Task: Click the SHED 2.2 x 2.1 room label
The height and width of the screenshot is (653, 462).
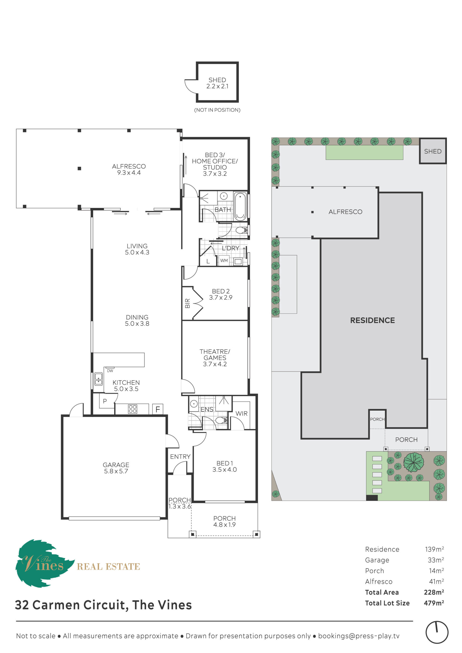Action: click(x=217, y=83)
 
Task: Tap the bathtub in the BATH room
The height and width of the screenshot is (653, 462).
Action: click(x=240, y=206)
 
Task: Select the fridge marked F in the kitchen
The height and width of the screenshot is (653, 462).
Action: click(x=157, y=409)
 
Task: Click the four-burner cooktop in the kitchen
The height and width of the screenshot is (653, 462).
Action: click(x=133, y=409)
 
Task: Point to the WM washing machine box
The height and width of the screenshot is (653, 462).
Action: click(x=224, y=260)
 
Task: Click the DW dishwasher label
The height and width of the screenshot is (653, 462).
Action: click(x=110, y=371)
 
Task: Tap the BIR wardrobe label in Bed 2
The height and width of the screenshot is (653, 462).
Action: click(x=187, y=303)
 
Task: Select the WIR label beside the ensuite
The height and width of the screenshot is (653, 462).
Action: click(x=241, y=413)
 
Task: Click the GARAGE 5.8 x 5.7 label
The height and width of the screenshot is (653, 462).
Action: click(x=116, y=468)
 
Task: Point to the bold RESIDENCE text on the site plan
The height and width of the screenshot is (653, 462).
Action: click(x=372, y=320)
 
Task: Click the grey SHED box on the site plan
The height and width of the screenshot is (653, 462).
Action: click(x=433, y=151)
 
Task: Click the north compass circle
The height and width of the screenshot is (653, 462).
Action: click(x=437, y=632)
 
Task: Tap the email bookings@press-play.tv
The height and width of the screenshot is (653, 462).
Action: click(x=359, y=636)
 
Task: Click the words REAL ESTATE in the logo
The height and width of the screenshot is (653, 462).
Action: click(x=108, y=567)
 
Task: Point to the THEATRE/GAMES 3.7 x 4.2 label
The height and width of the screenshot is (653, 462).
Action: click(x=215, y=358)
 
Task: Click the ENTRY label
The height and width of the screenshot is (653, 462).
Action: click(x=180, y=457)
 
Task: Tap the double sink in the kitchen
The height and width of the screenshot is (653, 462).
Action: click(x=99, y=379)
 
